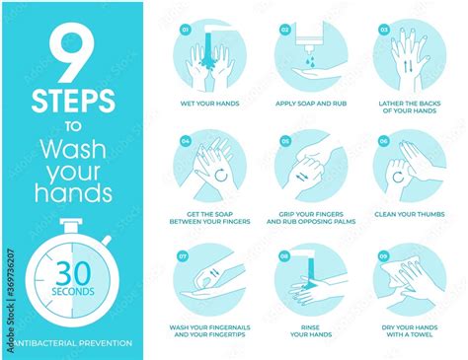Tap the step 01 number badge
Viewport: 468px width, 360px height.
[184, 29]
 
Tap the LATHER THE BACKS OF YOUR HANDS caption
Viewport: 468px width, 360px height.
[409, 108]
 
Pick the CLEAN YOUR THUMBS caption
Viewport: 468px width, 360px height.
[409, 213]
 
